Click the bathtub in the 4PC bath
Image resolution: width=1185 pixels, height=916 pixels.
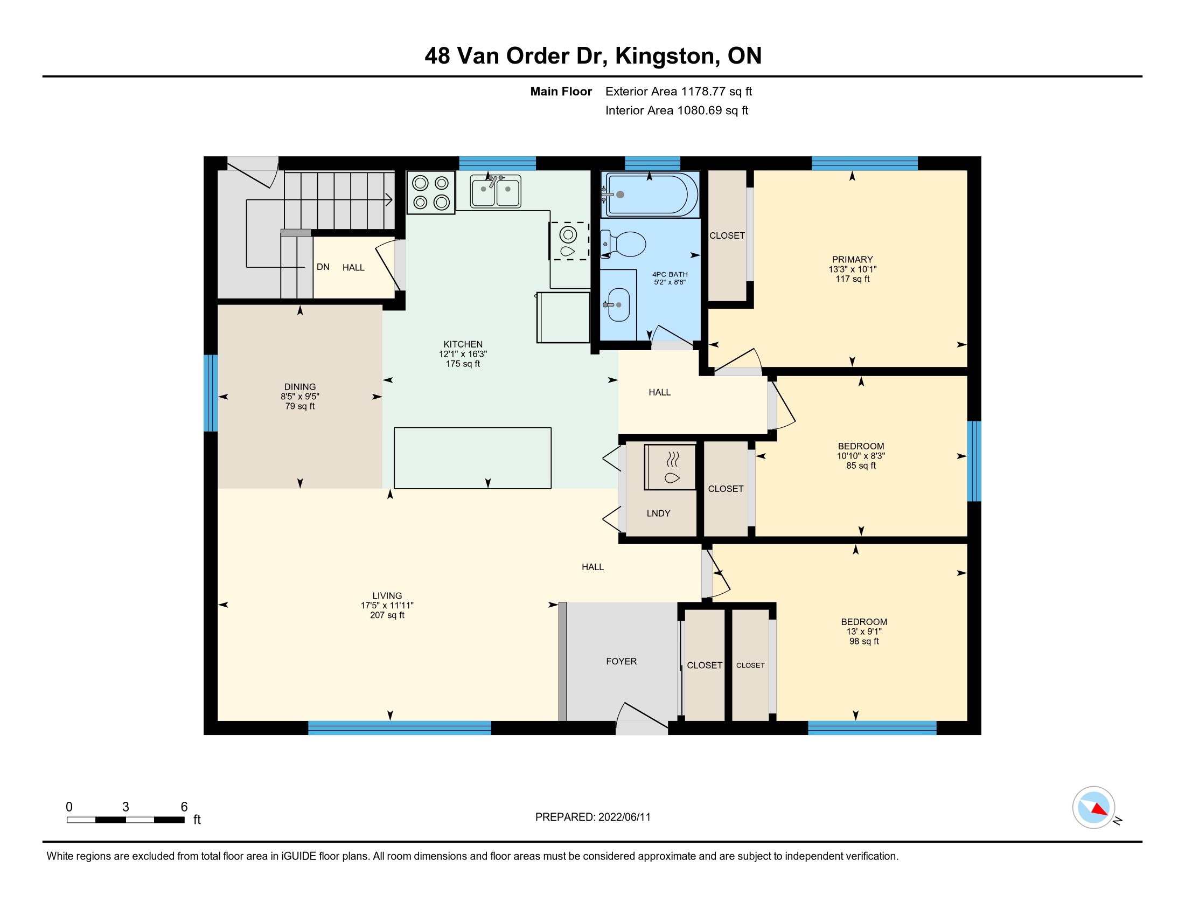(650, 194)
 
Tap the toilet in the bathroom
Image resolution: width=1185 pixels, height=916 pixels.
(624, 244)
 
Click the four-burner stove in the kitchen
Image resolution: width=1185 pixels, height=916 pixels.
(431, 192)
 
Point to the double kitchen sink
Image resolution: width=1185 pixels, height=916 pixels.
(496, 192)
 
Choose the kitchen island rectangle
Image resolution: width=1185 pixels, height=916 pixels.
(472, 458)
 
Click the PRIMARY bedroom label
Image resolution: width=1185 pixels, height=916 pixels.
(853, 259)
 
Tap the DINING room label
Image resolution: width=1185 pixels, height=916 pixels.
(300, 387)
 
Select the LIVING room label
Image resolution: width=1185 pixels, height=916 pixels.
(387, 595)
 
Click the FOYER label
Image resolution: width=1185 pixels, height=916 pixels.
(621, 661)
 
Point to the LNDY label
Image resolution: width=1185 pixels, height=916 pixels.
(659, 513)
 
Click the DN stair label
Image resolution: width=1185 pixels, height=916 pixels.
(323, 267)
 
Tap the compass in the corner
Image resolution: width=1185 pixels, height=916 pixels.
(1094, 807)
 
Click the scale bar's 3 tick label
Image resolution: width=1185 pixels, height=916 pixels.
(126, 807)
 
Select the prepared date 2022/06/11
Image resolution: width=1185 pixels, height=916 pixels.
(624, 817)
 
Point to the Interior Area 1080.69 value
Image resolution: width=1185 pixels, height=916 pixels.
(700, 110)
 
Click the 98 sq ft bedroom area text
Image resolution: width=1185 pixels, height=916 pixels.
(864, 641)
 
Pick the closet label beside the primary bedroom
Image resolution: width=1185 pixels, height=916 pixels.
(727, 235)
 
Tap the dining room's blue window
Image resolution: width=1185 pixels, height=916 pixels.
(211, 393)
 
